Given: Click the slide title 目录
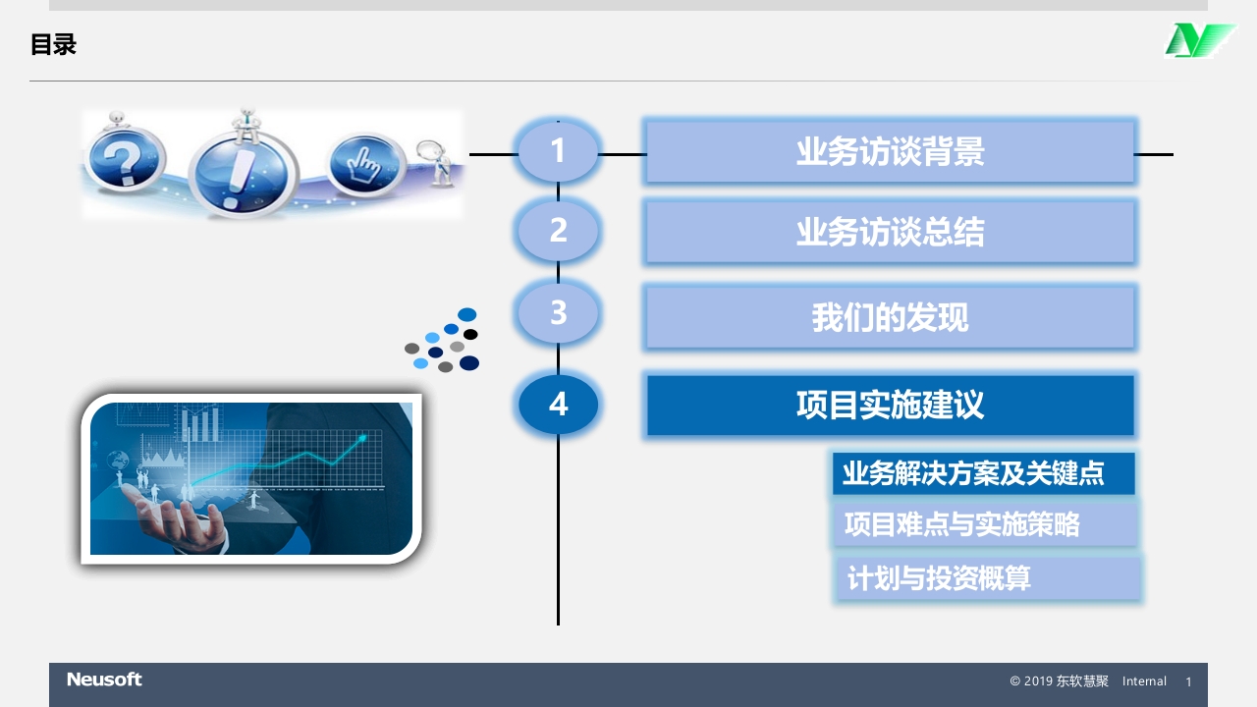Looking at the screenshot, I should pyautogui.click(x=53, y=45).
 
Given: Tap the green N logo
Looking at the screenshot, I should pyautogui.click(x=1198, y=41).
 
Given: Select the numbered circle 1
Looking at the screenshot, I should pyautogui.click(x=558, y=151).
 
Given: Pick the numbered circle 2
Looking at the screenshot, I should pyautogui.click(x=558, y=231).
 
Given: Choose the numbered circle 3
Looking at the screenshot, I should pyautogui.click(x=558, y=313).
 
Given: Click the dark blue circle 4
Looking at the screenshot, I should pyautogui.click(x=558, y=404).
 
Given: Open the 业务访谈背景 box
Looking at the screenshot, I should pyautogui.click(x=890, y=152).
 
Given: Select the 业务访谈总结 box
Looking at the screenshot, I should pyautogui.click(x=890, y=233).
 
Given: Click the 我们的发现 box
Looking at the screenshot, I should pyautogui.click(x=890, y=317).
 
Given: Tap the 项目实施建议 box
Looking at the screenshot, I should pyautogui.click(x=890, y=405).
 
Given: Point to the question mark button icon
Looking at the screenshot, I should pyautogui.click(x=126, y=161).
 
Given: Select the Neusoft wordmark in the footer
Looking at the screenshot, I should pyautogui.click(x=104, y=680).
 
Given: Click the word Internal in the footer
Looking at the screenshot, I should pyautogui.click(x=1144, y=681).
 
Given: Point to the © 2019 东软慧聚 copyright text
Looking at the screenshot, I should pyautogui.click(x=1059, y=681).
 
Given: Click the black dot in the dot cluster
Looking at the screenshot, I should pyautogui.click(x=470, y=335).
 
